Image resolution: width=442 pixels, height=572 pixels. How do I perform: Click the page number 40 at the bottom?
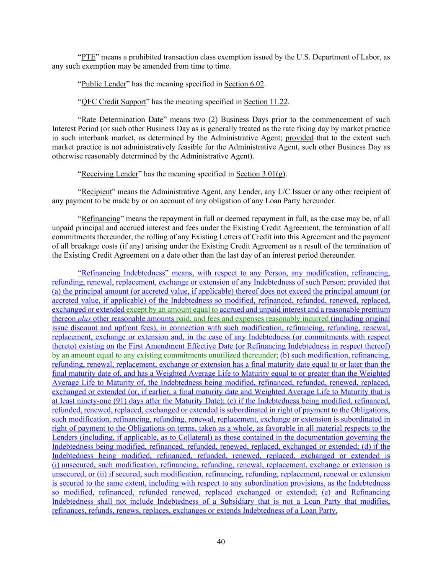point(221,542)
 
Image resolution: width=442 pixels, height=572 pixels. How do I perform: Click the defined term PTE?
point(88,57)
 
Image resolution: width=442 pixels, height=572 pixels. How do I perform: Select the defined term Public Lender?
point(103,84)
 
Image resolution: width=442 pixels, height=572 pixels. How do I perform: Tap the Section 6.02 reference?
point(244,84)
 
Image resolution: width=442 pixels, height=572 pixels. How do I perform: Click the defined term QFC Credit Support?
point(114,102)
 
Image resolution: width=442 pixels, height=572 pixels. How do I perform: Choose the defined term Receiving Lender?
point(109,174)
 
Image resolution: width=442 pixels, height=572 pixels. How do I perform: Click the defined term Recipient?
point(96,192)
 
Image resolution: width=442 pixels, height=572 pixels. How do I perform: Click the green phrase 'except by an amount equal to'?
point(172,310)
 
